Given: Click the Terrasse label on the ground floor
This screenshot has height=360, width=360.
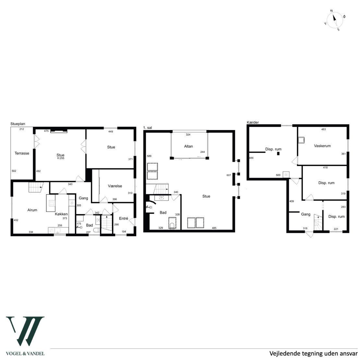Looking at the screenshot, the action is coord(22,153).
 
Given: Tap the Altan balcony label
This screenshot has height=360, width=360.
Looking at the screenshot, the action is coord(188,146).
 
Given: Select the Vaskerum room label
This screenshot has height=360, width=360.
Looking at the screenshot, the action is coord(322,146).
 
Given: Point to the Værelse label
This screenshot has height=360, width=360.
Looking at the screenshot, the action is coord(115,186).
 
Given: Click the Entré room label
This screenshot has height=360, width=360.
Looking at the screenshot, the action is coord(124,218).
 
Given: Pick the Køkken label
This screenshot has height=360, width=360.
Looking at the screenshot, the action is coord(61,214).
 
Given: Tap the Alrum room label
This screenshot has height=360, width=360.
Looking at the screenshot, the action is coord(32,210).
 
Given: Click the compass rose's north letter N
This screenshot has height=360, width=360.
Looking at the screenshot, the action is coord(331,11).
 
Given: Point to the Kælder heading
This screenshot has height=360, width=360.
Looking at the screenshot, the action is coord(253,122).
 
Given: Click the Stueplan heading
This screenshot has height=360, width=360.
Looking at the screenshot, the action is coord(18,124).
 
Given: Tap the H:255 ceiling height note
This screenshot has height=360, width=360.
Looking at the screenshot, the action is coord(60,158).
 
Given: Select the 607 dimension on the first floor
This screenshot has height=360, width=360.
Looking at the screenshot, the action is coord(229,175).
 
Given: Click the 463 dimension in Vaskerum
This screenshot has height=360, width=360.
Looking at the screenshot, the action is coord(323,129).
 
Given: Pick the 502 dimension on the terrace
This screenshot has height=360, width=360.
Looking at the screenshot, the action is coord(14,171).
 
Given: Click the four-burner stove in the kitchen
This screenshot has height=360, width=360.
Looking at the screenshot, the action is coord(52,203).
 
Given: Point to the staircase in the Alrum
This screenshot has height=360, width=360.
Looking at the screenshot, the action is coord(36,187).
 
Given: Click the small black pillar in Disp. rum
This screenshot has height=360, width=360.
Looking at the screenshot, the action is coord(278,154).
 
